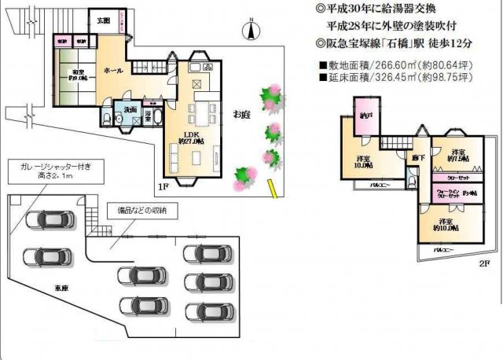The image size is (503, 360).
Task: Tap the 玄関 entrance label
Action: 103,20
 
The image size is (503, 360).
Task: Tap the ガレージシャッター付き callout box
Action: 49,173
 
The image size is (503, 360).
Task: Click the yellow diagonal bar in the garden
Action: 272,189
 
